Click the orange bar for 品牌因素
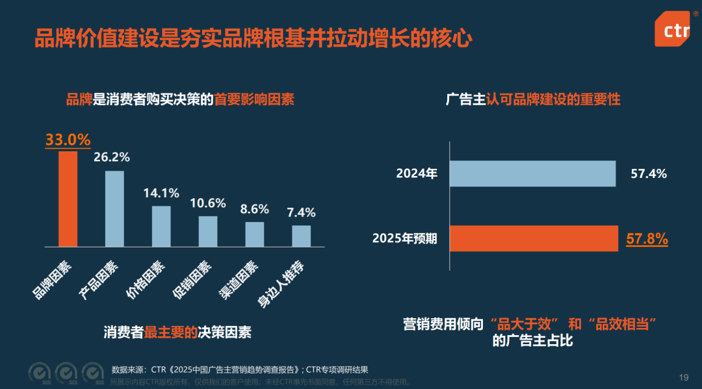[68, 199]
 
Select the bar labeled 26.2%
[114, 208]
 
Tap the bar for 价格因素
[161, 226]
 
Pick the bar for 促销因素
[208, 231]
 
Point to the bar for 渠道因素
[255, 234]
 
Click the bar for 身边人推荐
[301, 236]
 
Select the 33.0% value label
[68, 140]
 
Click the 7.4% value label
[301, 212]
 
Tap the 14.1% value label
[161, 193]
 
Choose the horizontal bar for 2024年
[533, 174]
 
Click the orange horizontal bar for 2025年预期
[534, 238]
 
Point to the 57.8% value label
[647, 238]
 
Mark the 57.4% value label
[649, 174]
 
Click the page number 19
[683, 377]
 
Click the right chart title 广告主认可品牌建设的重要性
[533, 99]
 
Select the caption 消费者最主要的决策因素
[177, 332]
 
